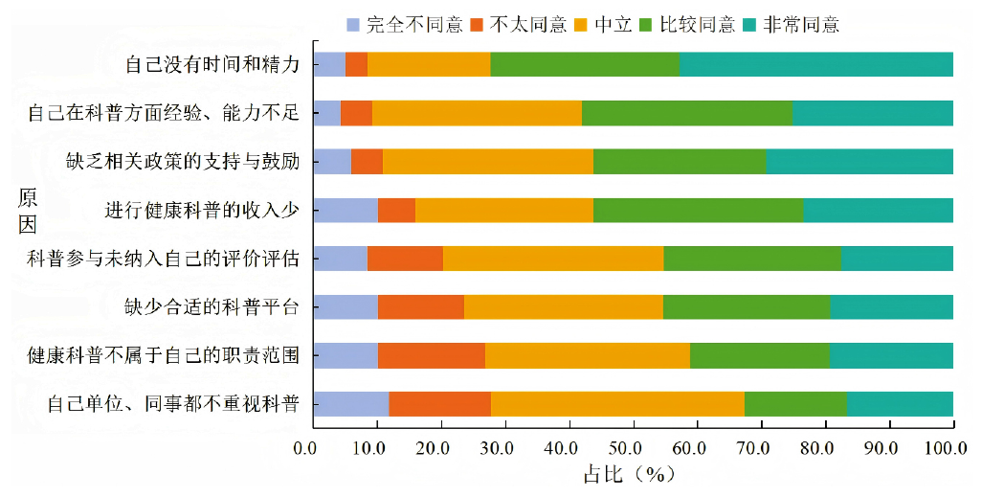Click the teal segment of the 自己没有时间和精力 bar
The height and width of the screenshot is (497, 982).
pos(815,64)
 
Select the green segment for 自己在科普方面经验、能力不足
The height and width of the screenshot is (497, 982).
pos(686,113)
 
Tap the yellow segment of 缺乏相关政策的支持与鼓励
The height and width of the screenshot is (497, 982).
pos(487,161)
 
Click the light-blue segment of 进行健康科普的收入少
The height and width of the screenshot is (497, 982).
pos(346,210)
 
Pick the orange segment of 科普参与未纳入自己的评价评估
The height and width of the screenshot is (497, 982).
pos(405,259)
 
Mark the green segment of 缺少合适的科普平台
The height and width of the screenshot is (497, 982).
pos(746,306)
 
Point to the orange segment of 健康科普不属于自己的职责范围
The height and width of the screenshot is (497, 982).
pos(431,355)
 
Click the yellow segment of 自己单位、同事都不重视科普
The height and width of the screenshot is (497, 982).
pos(617,404)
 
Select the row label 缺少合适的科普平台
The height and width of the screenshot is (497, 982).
pos(212,307)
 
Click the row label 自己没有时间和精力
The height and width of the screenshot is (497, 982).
pos(212,65)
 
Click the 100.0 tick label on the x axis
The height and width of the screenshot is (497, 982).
pos(950,447)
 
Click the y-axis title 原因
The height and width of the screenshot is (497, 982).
pos(29,212)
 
